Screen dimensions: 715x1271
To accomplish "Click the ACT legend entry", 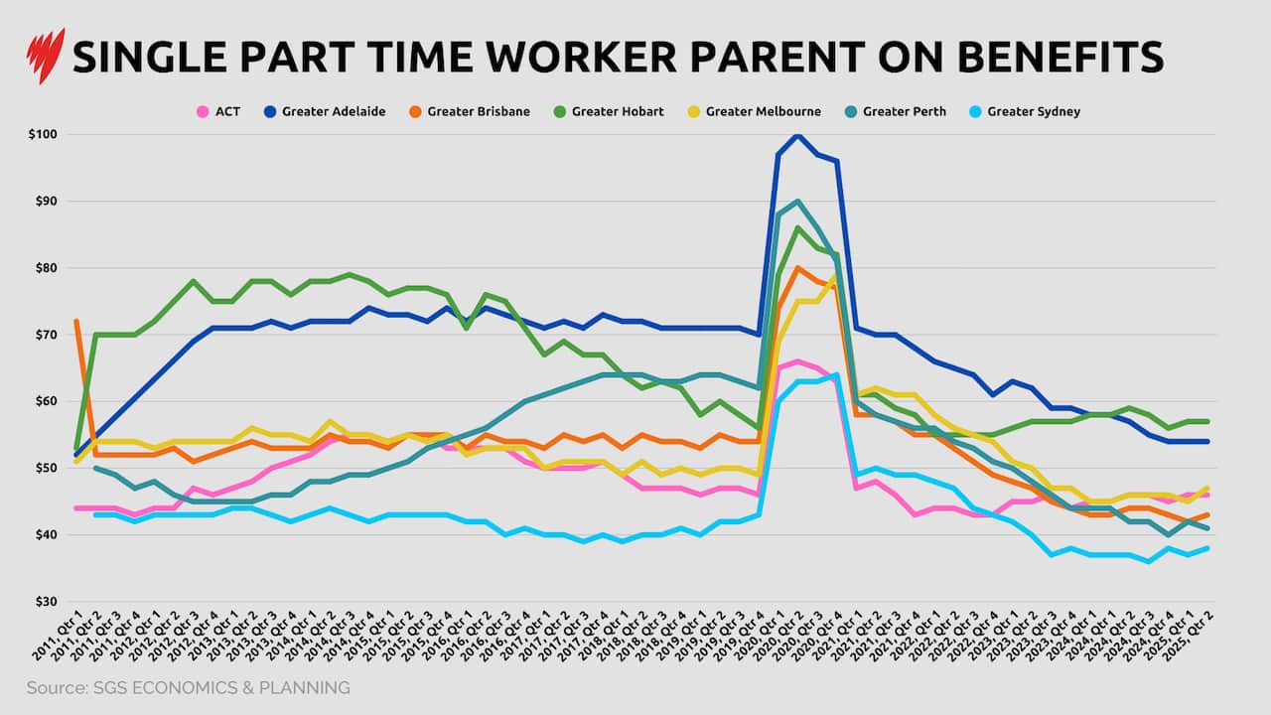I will (x=218, y=111).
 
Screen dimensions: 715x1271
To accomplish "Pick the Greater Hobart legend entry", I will (x=610, y=111).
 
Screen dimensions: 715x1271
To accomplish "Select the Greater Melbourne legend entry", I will (x=755, y=111).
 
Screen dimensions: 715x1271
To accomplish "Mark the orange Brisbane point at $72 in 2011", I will (x=76, y=322).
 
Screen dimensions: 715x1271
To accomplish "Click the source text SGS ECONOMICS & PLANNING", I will (x=189, y=687).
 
